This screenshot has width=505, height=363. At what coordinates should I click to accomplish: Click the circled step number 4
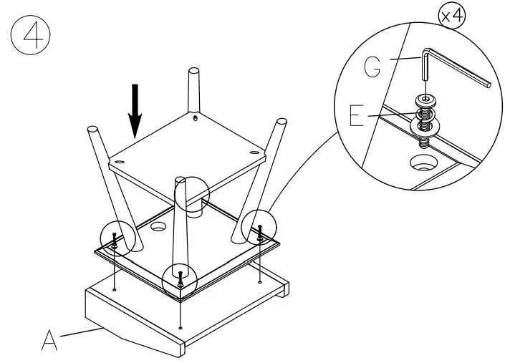32,37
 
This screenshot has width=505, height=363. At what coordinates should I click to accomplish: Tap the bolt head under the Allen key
425,100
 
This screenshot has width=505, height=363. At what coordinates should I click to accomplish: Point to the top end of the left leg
92,131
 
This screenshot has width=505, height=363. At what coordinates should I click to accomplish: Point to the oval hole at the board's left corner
118,164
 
